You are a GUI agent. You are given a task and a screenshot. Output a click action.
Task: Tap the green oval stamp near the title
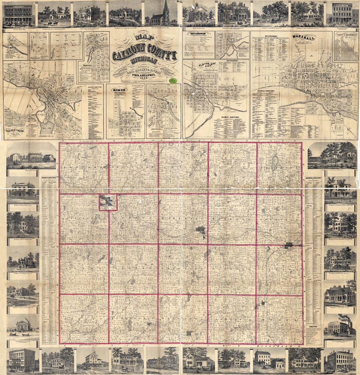pos(173,80)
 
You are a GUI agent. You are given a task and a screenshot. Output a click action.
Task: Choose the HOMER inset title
pos(121,90)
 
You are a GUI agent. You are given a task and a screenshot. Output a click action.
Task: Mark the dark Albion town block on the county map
pos(288,245)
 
